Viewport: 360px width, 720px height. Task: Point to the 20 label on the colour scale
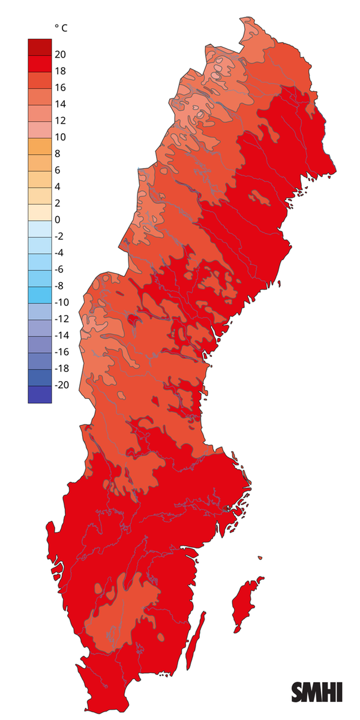(x=61, y=55)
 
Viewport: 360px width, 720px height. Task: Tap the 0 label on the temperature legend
(x=58, y=220)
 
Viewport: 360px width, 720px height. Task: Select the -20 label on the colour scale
(x=62, y=385)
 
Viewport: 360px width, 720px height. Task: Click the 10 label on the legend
(x=61, y=137)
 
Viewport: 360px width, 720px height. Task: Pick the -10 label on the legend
(x=62, y=302)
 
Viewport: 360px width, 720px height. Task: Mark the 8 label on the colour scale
(x=58, y=154)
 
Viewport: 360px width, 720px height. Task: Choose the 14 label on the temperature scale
(x=61, y=104)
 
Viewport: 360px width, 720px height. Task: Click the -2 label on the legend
(x=60, y=236)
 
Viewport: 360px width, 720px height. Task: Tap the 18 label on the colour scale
(x=61, y=71)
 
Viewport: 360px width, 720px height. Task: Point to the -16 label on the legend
(x=62, y=352)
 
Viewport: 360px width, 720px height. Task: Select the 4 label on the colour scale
(x=58, y=187)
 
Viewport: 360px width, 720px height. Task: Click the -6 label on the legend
(x=60, y=269)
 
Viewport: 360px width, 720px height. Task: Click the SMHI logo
(x=317, y=692)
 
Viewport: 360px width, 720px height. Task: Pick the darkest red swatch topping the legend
(x=40, y=46)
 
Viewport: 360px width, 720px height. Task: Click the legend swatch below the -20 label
(x=40, y=394)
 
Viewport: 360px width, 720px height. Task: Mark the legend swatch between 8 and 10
(x=40, y=145)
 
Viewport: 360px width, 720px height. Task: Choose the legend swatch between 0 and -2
(x=40, y=228)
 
